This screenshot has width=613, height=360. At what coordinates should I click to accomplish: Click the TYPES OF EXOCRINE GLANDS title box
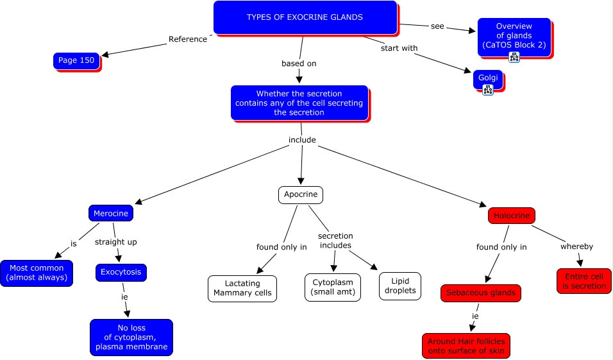(305, 17)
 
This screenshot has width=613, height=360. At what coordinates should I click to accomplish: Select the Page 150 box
(76, 61)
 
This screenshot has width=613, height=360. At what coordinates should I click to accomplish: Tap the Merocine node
(110, 214)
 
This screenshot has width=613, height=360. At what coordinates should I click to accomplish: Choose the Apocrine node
(300, 195)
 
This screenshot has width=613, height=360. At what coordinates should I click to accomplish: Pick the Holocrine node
(511, 216)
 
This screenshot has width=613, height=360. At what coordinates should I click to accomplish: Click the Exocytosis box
(121, 273)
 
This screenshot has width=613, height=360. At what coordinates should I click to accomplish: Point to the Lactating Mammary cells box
(242, 288)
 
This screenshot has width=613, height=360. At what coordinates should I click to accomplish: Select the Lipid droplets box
(400, 286)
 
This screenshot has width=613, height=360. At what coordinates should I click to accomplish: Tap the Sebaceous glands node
(480, 293)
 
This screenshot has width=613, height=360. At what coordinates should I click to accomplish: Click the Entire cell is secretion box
(584, 281)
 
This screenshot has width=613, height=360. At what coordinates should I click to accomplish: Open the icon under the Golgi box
(487, 90)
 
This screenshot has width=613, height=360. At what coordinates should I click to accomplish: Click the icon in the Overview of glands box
(514, 57)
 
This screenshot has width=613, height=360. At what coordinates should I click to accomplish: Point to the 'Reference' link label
(188, 39)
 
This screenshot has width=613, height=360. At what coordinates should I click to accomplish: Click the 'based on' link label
(299, 64)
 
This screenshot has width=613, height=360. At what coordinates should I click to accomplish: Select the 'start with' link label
(399, 48)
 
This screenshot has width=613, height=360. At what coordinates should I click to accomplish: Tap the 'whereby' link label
(576, 246)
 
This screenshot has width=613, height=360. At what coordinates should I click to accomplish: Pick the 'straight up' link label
(116, 242)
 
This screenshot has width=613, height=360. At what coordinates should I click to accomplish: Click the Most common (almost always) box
(36, 273)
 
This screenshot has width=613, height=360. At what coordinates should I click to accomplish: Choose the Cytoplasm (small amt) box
(332, 287)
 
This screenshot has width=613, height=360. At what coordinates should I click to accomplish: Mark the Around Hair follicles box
(466, 346)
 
